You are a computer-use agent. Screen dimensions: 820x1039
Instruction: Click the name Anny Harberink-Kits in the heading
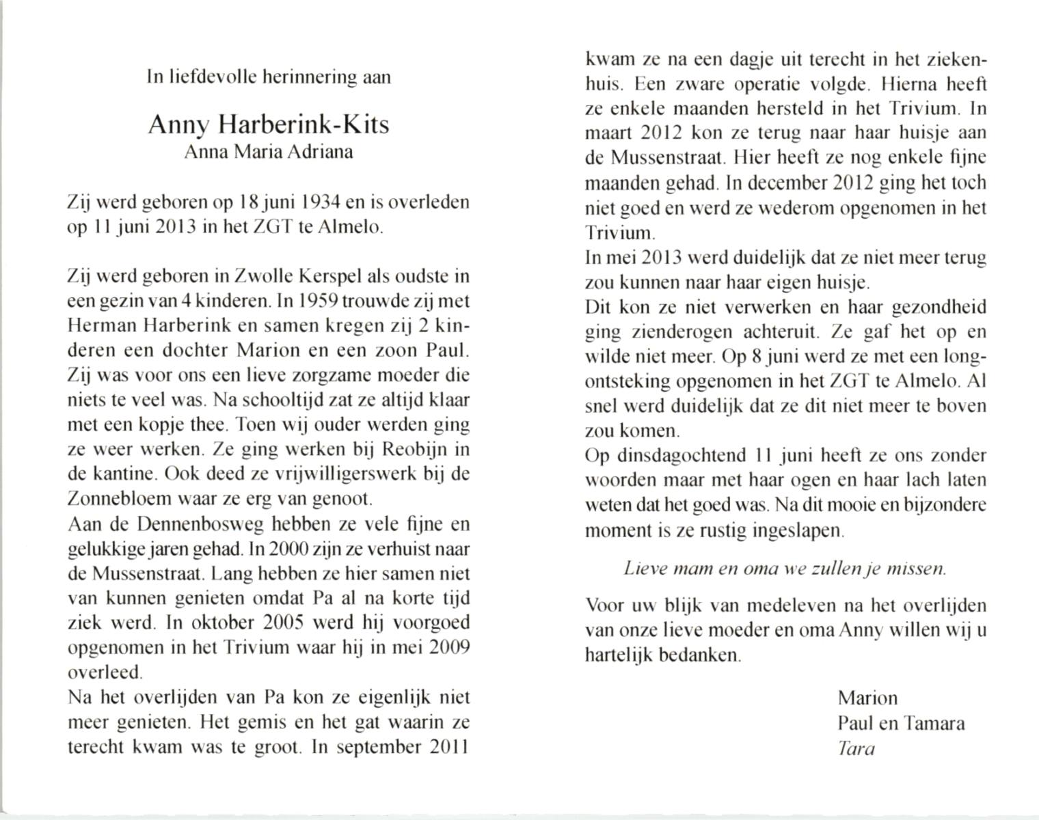pos(269,125)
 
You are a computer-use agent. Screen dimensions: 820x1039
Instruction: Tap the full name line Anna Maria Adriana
pos(269,152)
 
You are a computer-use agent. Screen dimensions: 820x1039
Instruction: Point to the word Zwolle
pos(263,277)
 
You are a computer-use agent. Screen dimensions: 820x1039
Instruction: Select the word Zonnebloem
pos(118,499)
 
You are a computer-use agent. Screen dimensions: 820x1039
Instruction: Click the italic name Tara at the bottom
pos(856,748)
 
